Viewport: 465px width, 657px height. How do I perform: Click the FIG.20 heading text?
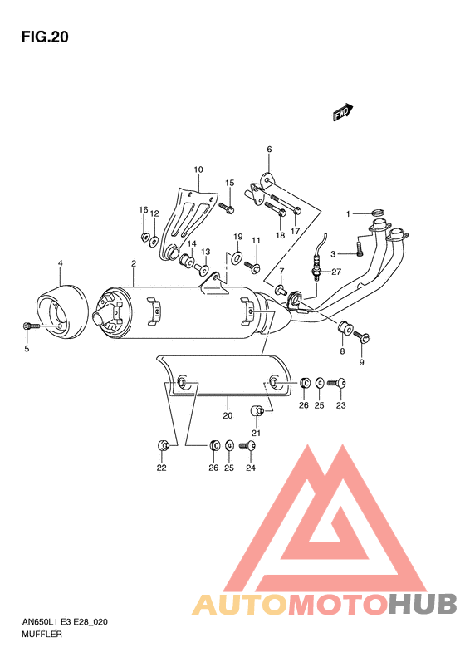click(x=45, y=37)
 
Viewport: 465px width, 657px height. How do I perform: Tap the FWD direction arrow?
click(x=343, y=112)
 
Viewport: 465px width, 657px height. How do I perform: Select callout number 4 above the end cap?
click(x=60, y=264)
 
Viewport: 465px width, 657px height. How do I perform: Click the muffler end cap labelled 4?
click(x=62, y=311)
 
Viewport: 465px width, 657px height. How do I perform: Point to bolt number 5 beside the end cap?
click(x=30, y=327)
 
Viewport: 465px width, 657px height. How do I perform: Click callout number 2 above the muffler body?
click(x=133, y=264)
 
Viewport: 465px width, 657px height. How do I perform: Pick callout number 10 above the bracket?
click(x=198, y=170)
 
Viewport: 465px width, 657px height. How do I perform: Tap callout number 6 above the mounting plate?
click(x=269, y=150)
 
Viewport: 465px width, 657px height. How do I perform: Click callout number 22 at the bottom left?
click(x=161, y=468)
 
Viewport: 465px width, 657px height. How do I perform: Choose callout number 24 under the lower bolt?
click(x=252, y=468)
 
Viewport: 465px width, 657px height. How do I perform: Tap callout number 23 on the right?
click(x=340, y=405)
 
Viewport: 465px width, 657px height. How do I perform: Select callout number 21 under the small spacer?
click(x=256, y=433)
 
